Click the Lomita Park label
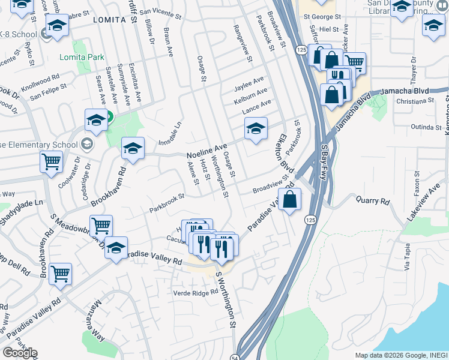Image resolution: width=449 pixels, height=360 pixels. coord(82,58)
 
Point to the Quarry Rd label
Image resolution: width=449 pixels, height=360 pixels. coord(373,202)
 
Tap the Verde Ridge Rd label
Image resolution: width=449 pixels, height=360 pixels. coord(195,293)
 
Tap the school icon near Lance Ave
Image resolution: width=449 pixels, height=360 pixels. coord(256,128)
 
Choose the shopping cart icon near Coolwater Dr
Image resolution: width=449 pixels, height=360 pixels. coord(52,161)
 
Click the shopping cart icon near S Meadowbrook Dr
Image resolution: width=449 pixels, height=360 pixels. coord(101,226)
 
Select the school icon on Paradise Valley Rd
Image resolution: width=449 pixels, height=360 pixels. coord(116,248)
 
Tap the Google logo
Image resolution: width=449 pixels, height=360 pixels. coord(19,353)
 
